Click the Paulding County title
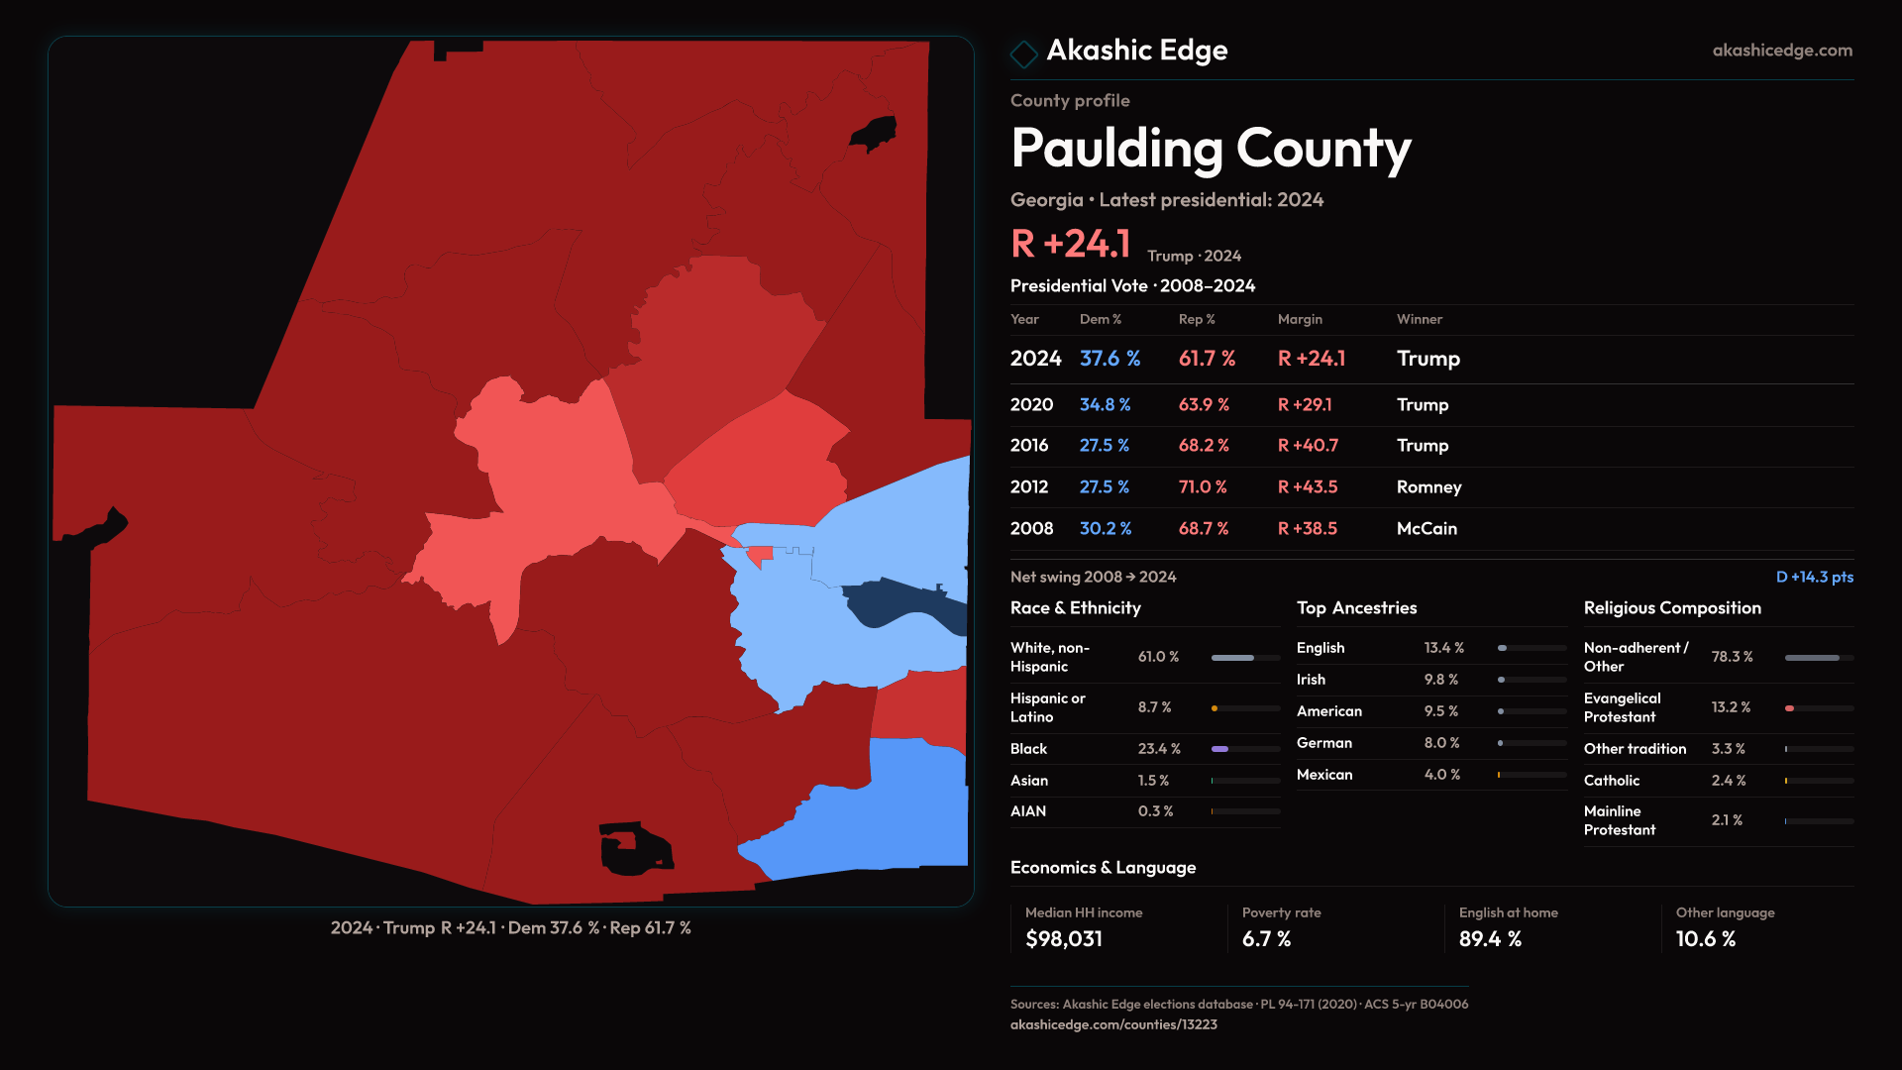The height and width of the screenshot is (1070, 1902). coord(1211,149)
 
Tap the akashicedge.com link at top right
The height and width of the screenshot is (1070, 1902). coord(1781,51)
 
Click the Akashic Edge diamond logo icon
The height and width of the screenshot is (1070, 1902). coord(1023,53)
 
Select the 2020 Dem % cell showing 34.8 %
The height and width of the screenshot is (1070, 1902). coord(1105,405)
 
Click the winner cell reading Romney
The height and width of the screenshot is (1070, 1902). coord(1428,487)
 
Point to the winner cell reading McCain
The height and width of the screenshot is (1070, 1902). coord(1426,529)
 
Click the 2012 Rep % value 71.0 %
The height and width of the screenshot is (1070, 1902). coord(1203,487)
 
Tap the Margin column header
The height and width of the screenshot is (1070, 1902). coord(1300,319)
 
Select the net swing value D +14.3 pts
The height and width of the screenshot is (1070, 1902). coord(1814,577)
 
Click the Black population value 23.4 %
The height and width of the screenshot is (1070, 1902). coord(1159,749)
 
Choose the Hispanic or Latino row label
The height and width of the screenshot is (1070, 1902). coord(1047,707)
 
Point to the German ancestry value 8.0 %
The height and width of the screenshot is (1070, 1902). coord(1441,743)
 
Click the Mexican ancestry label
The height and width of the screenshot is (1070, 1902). coord(1324,775)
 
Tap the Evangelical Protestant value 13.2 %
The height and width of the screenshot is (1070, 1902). coord(1731,707)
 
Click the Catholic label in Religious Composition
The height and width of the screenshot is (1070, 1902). coord(1611,781)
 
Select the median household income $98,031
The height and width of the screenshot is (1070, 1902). coord(1063,939)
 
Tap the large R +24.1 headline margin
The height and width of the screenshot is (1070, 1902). coord(1070,244)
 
